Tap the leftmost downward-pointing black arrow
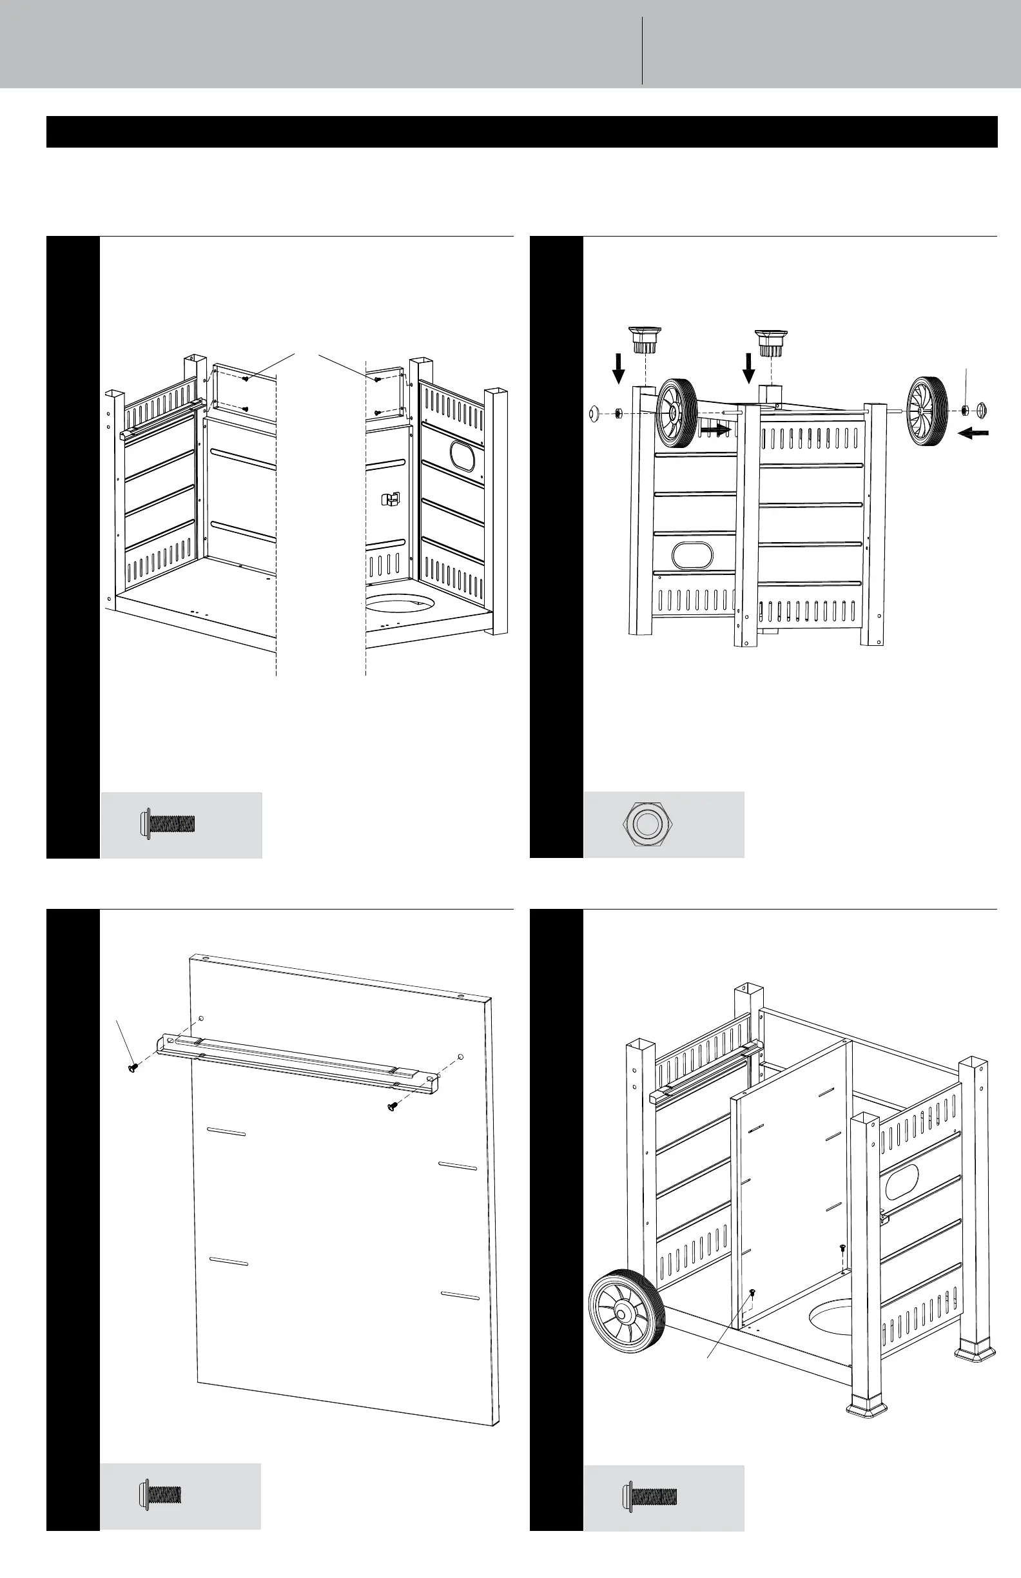click(x=619, y=368)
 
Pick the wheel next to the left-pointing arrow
click(x=927, y=413)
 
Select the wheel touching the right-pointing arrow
click(x=676, y=413)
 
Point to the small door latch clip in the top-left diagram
click(x=391, y=498)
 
